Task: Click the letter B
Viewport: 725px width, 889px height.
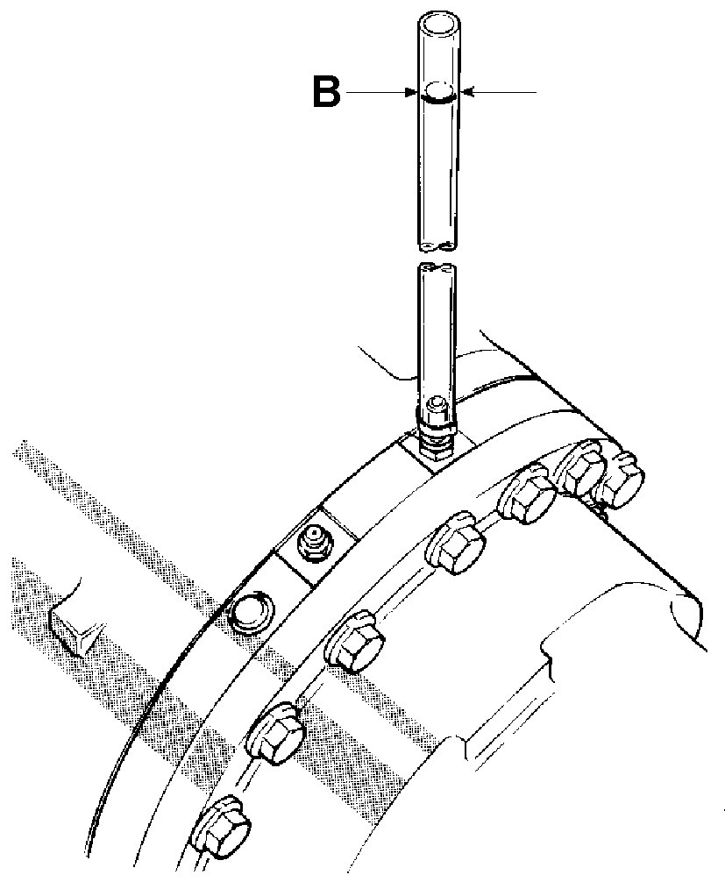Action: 326,92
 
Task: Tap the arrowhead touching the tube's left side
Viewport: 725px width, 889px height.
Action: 412,92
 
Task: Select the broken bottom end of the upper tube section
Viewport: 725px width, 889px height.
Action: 437,245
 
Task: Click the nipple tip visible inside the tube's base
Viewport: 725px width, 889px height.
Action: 437,403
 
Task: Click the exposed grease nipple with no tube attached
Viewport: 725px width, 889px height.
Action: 314,544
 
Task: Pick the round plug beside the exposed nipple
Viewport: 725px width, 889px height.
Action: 250,612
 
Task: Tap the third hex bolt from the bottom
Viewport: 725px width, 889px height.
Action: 355,641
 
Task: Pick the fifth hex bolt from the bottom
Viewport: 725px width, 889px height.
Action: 528,494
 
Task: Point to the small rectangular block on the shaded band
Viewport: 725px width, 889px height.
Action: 75,629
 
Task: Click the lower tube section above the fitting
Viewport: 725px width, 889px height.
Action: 436,335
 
